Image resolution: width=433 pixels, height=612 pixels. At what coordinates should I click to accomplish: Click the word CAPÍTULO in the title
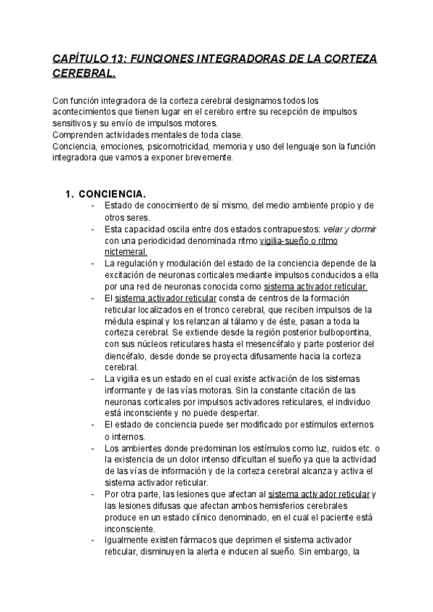point(79,58)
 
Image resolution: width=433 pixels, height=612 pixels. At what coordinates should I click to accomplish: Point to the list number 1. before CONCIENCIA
point(69,194)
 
